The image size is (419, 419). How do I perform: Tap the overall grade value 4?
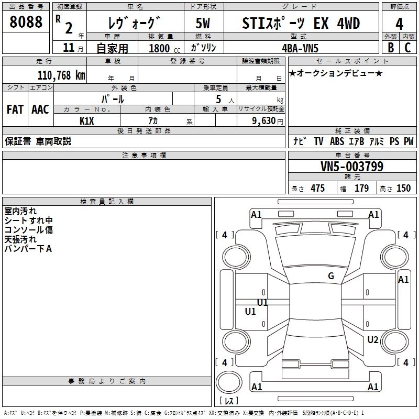pyautogui.click(x=399, y=24)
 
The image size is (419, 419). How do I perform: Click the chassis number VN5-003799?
pyautogui.click(x=351, y=167)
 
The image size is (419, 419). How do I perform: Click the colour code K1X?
pyautogui.click(x=87, y=120)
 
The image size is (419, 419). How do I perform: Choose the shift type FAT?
pyautogui.click(x=15, y=109)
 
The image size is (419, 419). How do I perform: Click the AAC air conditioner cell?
pyautogui.click(x=40, y=109)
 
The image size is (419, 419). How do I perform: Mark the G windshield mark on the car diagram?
pyautogui.click(x=331, y=276)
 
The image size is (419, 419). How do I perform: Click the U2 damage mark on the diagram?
pyautogui.click(x=372, y=340)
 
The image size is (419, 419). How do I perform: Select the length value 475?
pyautogui.click(x=317, y=189)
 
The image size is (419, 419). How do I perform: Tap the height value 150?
pyautogui.click(x=403, y=189)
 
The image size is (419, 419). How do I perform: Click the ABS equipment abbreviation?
pyautogui.click(x=337, y=141)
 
